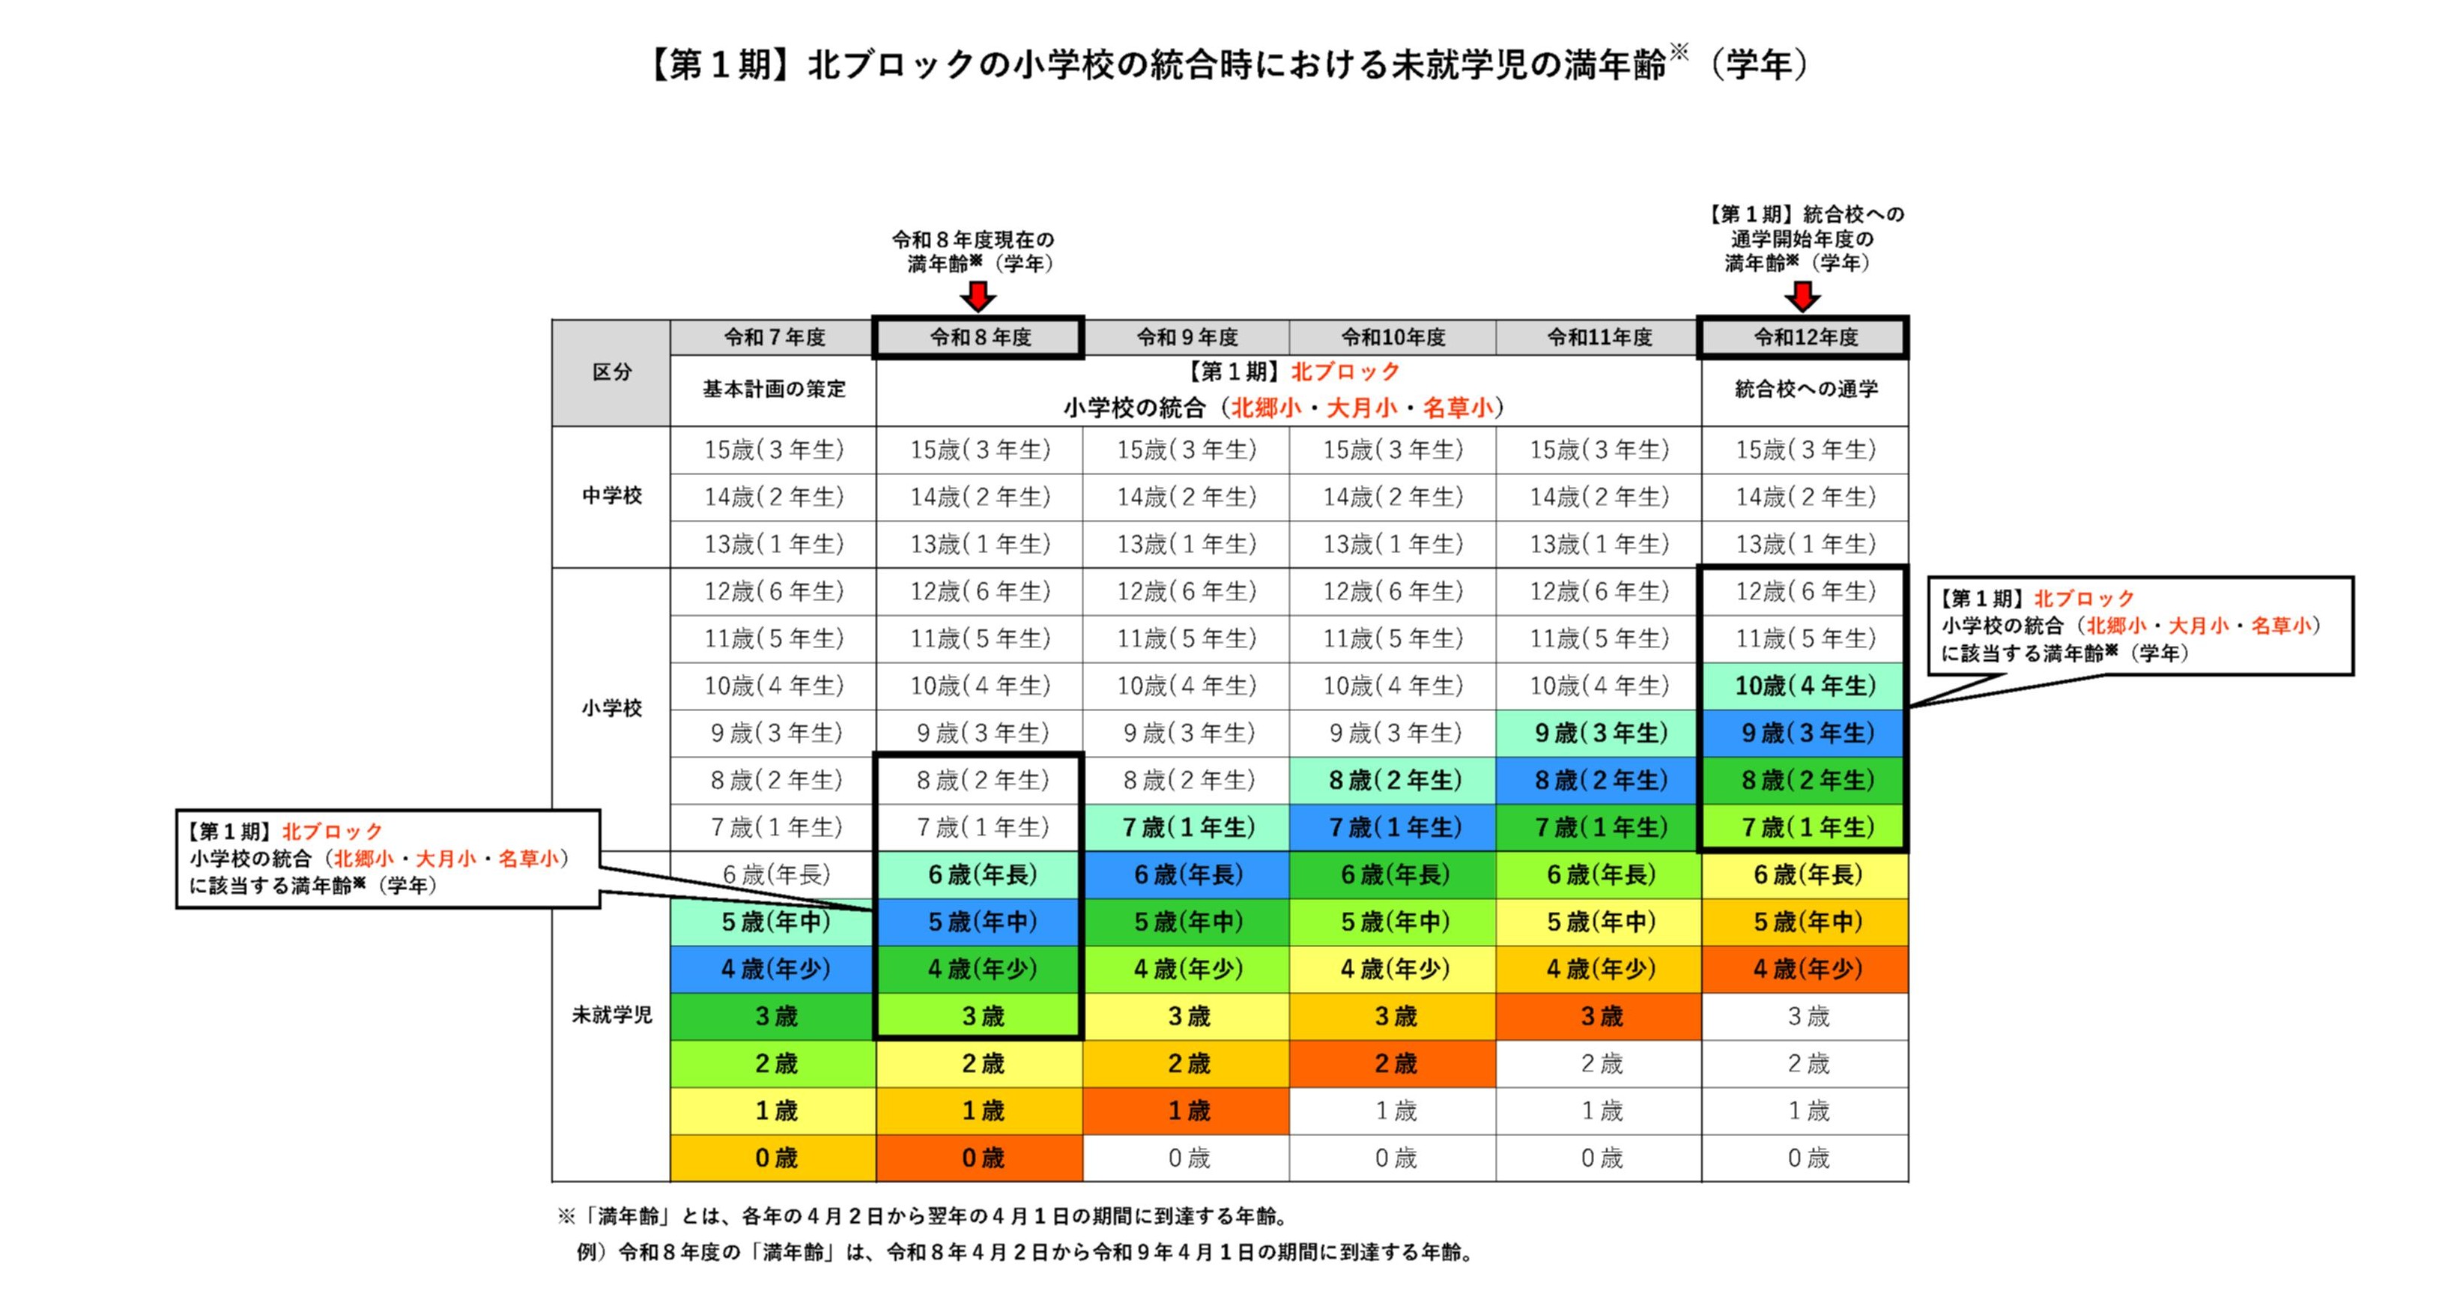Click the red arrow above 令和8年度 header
[x=978, y=296]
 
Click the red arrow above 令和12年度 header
[x=1802, y=296]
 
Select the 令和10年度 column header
[x=1393, y=337]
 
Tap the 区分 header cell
[x=611, y=372]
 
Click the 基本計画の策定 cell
[x=774, y=390]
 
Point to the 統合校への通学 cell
[x=1805, y=390]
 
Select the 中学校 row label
[x=611, y=495]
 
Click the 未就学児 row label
[x=611, y=1015]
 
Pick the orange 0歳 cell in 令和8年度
[x=980, y=1158]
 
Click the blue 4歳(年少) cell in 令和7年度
[x=774, y=969]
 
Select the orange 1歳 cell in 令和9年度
[x=1186, y=1110]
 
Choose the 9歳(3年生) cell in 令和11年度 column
[x=1599, y=733]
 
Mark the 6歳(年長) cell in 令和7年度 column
[x=774, y=874]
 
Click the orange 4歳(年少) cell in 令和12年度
[x=1805, y=969]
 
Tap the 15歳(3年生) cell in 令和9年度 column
[x=1186, y=450]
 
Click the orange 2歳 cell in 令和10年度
[x=1393, y=1062]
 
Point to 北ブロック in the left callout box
[x=332, y=832]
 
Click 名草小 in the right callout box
[x=2281, y=626]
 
